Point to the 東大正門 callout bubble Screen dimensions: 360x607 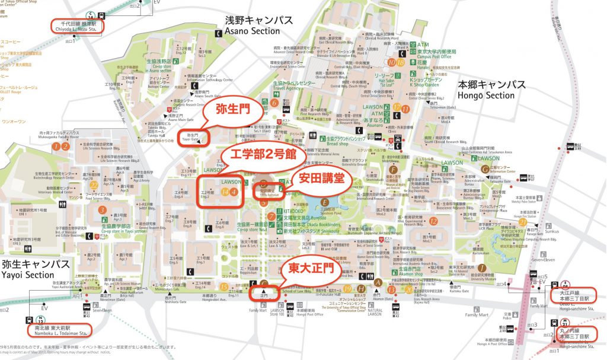click(x=311, y=269)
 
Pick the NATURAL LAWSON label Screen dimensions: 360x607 click(x=375, y=311)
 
